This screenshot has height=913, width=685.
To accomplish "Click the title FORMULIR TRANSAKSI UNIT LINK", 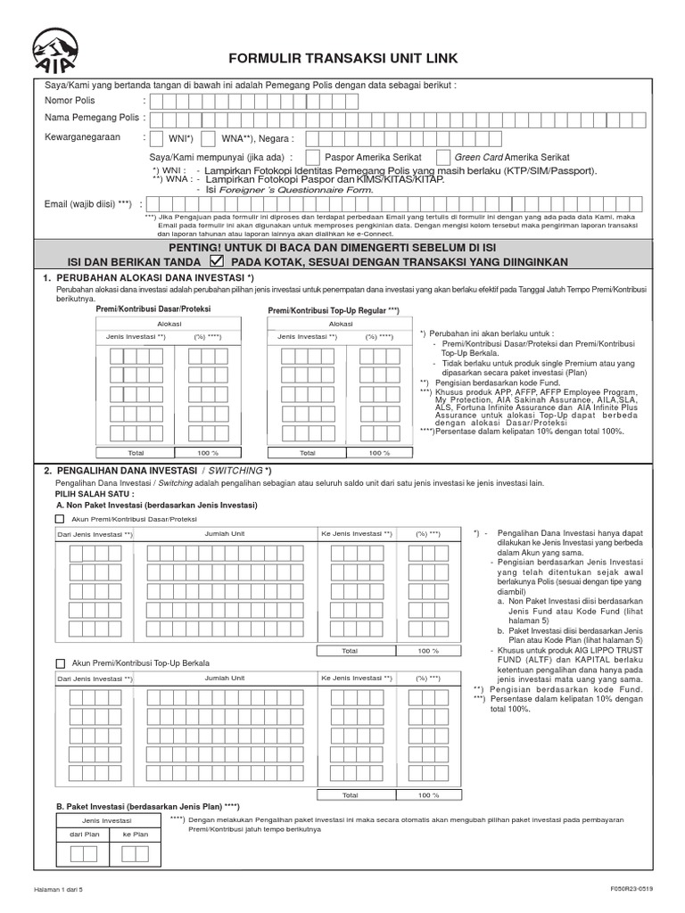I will pos(343,59).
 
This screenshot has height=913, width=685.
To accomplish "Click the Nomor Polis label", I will pos(70,101).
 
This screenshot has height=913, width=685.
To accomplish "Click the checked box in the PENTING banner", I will pos(216,262).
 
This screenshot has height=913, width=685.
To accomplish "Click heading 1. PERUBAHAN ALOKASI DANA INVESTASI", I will pos(149,279).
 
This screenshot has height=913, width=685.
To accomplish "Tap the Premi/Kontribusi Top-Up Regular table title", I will pos(334,309).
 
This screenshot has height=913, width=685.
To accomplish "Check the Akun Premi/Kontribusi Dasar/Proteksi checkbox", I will pos(60,518).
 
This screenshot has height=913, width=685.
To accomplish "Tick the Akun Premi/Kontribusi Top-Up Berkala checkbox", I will pos(60,663).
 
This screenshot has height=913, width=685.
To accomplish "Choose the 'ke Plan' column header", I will pos(136,834).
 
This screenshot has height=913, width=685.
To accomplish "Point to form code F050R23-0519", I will pos(632,889).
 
